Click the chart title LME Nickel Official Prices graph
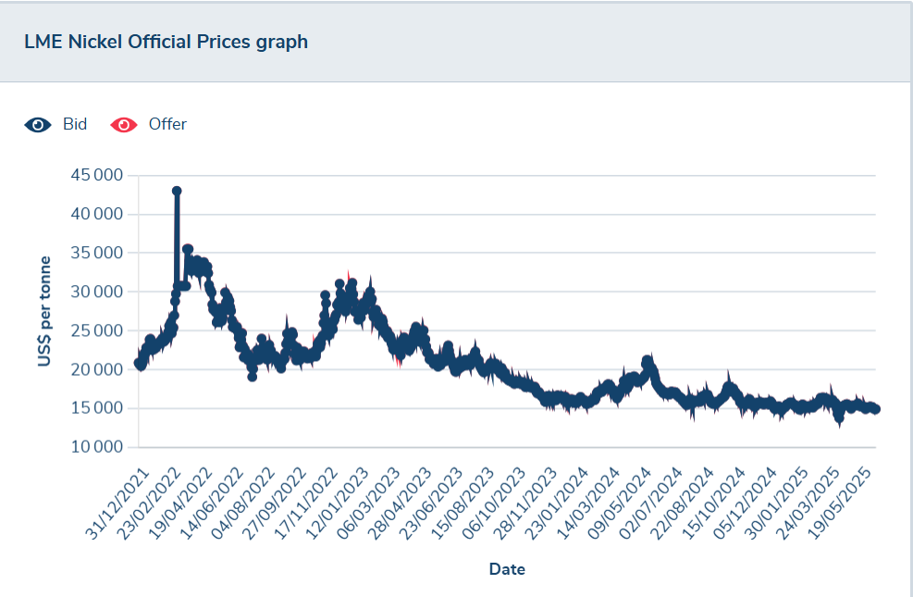[166, 42]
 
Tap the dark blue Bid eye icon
[38, 125]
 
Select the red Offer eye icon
[123, 125]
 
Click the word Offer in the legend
[167, 124]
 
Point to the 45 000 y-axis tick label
[96, 175]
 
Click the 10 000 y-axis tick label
[96, 447]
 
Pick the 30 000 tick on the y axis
[96, 292]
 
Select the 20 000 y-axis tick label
[96, 369]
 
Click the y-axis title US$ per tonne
[44, 312]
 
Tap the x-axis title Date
[507, 569]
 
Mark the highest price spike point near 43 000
[177, 191]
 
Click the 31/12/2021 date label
[117, 504]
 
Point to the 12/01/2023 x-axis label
[337, 504]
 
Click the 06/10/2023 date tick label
[493, 504]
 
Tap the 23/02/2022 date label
[148, 504]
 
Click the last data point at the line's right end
[875, 409]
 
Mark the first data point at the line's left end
[139, 363]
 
